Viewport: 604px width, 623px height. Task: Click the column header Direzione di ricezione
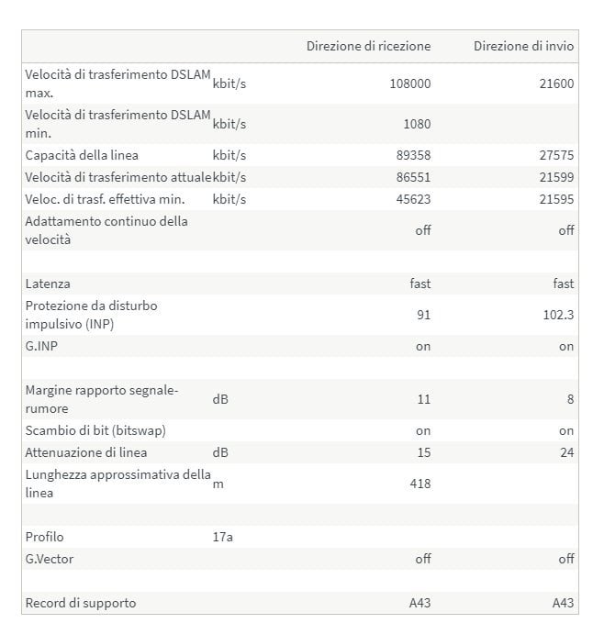[x=368, y=46]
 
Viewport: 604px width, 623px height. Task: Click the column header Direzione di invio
[x=523, y=46]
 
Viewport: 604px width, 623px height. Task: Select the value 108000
[x=410, y=83]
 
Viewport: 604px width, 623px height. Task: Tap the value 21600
[x=556, y=83]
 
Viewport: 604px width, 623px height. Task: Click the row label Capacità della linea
[x=82, y=155]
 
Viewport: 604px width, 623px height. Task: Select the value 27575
[x=557, y=155]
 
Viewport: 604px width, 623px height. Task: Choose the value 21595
[x=557, y=199]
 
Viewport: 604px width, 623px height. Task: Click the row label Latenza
[x=48, y=284]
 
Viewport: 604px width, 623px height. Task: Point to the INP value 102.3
[x=559, y=315]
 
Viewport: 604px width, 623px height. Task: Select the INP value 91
[x=423, y=315]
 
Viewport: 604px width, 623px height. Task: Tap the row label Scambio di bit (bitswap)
[x=95, y=430]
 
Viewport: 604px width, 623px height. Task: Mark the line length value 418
[x=420, y=484]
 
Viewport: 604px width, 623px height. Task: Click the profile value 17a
[x=222, y=537]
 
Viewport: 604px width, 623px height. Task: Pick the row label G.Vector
[x=50, y=559]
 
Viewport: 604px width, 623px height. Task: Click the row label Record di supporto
[x=81, y=603]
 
